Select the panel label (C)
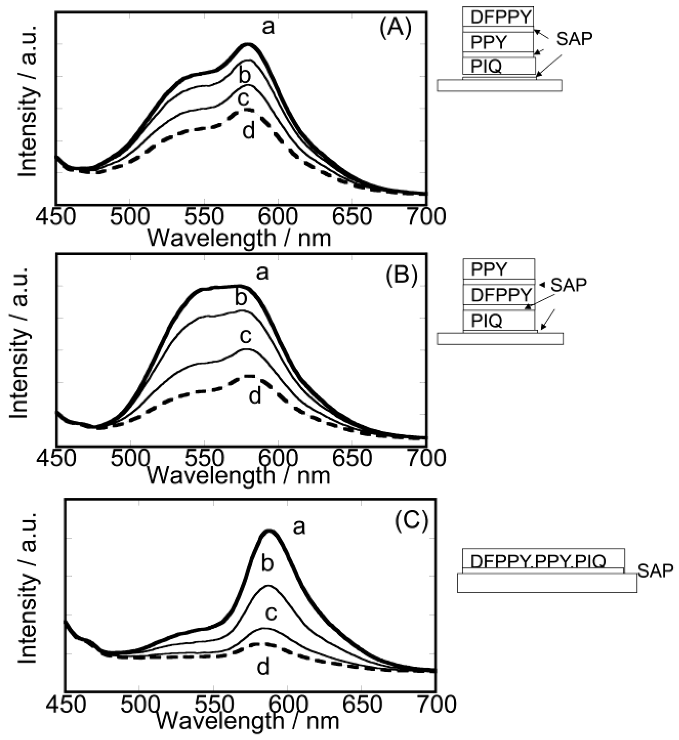[x=411, y=520]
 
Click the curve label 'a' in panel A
[x=268, y=27]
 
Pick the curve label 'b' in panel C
[x=268, y=563]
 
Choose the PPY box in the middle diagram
[x=499, y=269]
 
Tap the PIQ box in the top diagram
[x=499, y=67]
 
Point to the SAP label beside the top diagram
[x=574, y=39]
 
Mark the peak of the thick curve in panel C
[x=270, y=531]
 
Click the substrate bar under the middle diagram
[x=500, y=339]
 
